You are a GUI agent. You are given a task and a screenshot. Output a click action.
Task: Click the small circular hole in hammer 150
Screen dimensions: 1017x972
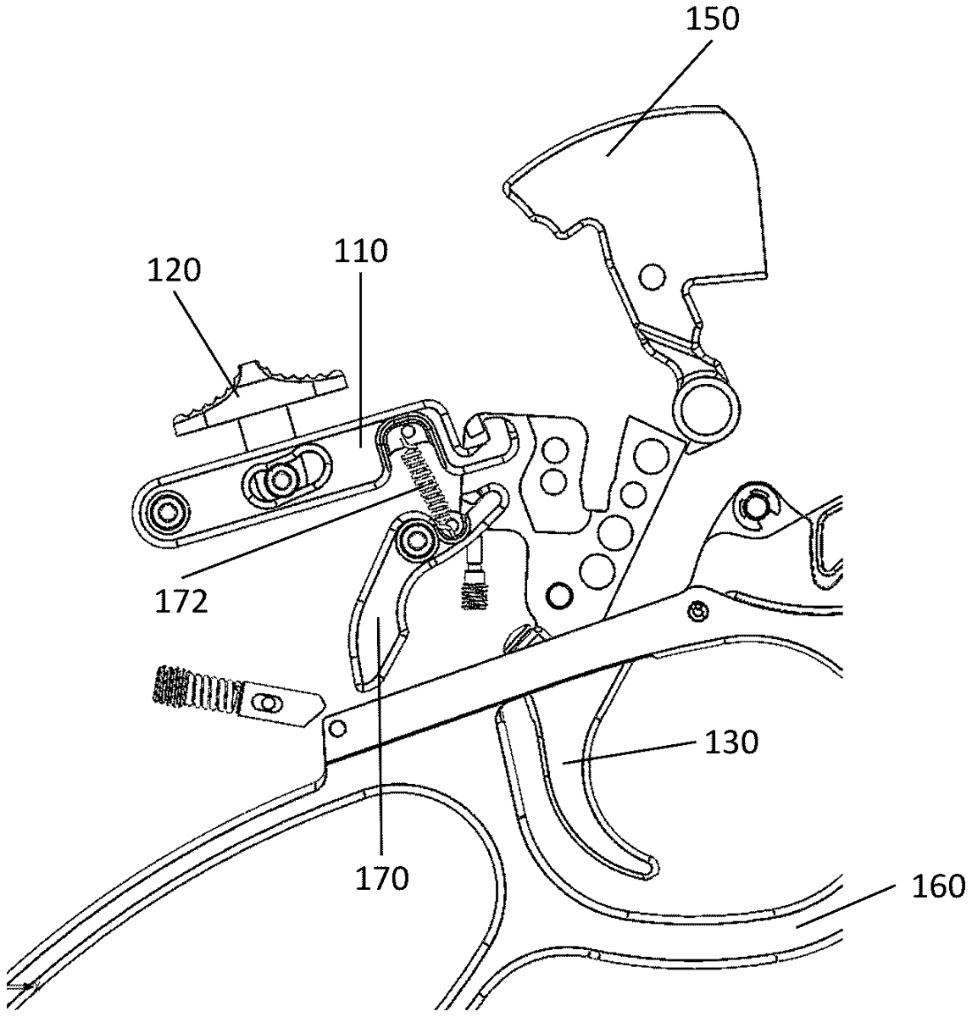[x=652, y=276]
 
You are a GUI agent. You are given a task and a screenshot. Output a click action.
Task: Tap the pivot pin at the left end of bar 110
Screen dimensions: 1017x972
[x=163, y=511]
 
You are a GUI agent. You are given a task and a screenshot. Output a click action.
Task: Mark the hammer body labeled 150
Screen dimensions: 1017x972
[x=669, y=195]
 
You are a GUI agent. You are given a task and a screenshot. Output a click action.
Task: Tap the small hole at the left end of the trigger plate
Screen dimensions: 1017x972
[x=337, y=728]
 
